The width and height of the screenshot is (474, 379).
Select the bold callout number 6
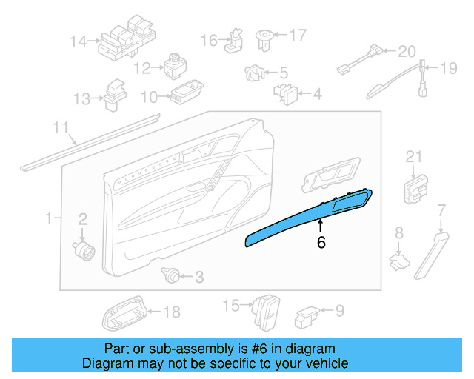coord(321,241)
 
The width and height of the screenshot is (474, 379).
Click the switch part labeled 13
coord(115,93)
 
